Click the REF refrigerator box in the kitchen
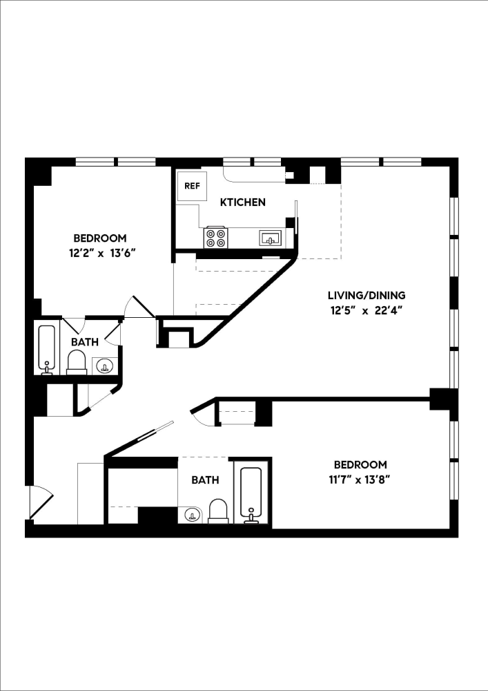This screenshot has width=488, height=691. click(191, 187)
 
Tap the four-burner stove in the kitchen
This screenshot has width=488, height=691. click(215, 238)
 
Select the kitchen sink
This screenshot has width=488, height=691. click(271, 239)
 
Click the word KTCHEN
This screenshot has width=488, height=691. click(242, 202)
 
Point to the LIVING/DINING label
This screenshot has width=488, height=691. click(366, 295)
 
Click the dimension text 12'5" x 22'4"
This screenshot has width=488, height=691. click(366, 310)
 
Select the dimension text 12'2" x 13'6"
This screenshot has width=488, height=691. click(100, 253)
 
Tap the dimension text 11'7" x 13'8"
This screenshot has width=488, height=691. click(360, 479)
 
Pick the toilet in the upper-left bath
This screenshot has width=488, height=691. click(77, 362)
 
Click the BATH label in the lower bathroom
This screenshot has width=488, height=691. click(205, 480)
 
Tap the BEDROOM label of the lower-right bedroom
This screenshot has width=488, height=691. click(360, 464)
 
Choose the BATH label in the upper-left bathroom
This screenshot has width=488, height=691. click(84, 341)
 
